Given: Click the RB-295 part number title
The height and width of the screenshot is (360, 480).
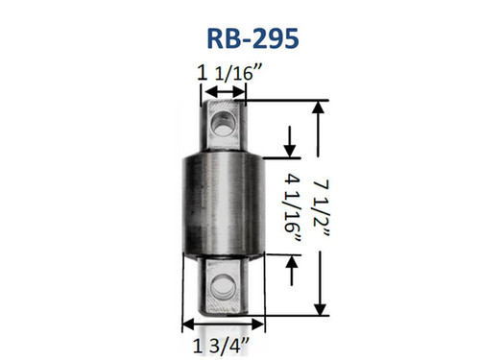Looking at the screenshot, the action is tap(252, 38).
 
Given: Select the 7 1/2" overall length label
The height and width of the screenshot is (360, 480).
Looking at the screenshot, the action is tap(321, 208).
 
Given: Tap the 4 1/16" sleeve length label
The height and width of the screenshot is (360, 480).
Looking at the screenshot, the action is tap(292, 207).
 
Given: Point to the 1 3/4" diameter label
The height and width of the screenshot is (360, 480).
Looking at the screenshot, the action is tap(221, 346).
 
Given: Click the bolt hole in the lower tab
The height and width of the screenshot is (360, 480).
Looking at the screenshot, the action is tap(222, 285).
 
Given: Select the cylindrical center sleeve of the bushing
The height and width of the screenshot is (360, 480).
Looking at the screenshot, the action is tap(224, 206).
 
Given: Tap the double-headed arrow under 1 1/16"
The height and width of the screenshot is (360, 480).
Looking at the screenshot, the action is tap(225, 92).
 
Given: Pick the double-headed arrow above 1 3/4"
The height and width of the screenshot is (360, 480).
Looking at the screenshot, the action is tap(224, 324).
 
